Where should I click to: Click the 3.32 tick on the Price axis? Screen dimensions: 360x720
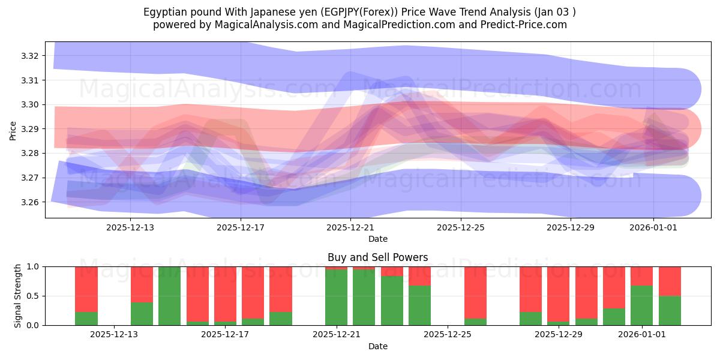[29, 56]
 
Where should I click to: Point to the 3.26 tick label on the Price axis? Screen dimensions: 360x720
[29, 202]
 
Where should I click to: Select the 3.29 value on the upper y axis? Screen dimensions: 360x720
[29, 129]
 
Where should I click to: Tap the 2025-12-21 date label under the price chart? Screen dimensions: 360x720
[351, 227]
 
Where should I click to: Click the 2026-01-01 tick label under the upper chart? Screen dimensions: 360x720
[653, 227]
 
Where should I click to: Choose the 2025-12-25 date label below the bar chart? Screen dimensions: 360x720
[448, 335]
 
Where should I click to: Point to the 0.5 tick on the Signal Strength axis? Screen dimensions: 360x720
[32, 296]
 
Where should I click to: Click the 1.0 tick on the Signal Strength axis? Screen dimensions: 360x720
[32, 266]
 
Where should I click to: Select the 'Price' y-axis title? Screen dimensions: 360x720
[13, 131]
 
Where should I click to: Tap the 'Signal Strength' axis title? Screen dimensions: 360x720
[18, 296]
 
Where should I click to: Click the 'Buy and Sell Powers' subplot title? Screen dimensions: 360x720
[377, 257]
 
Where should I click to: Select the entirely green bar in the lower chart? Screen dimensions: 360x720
[170, 296]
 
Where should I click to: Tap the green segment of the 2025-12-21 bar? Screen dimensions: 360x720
[336, 298]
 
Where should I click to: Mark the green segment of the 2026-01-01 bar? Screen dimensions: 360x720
[641, 305]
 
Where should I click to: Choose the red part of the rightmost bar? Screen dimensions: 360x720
[670, 281]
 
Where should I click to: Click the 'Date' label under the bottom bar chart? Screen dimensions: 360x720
[377, 346]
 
